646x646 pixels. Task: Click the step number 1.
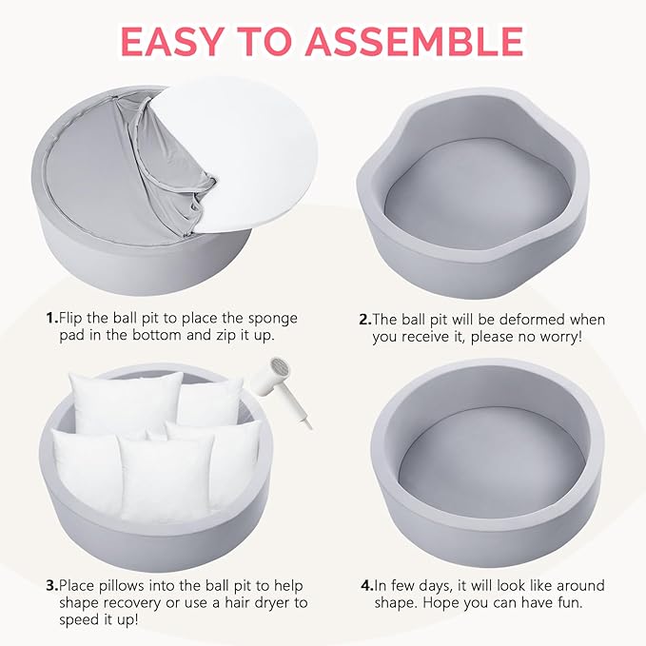click(x=52, y=318)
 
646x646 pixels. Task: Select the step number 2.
click(x=365, y=320)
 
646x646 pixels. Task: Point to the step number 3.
click(x=52, y=585)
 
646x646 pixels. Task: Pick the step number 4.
click(x=367, y=585)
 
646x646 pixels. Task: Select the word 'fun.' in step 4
click(x=569, y=603)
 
